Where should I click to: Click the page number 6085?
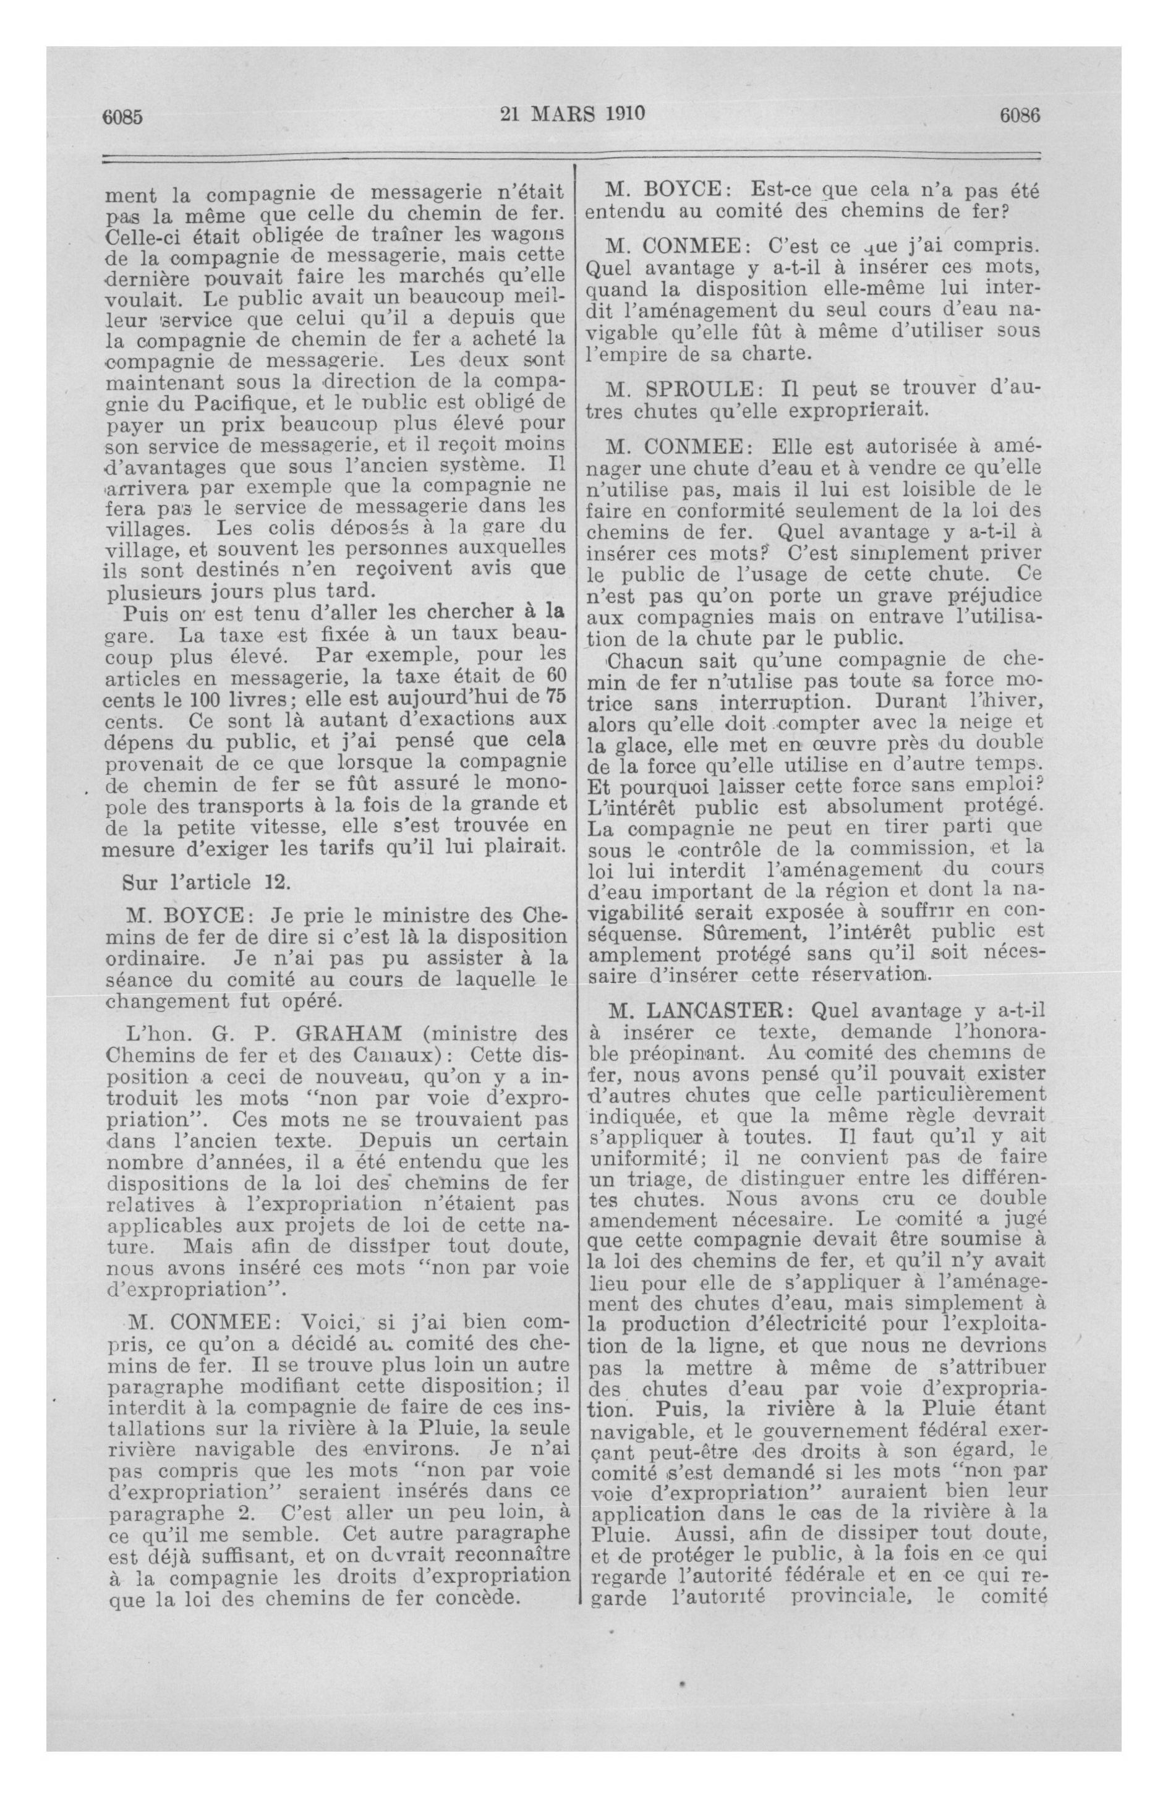coord(123,116)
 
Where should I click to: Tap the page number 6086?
coord(1020,115)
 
